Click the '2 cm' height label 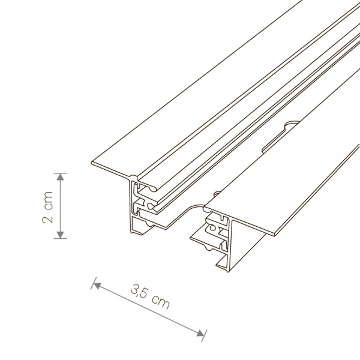coord(48,207)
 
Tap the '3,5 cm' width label coord(150,296)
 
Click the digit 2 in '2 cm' coord(48,219)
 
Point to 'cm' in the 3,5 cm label coord(161,302)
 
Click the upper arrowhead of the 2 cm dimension coord(60,177)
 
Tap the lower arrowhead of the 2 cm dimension coord(60,235)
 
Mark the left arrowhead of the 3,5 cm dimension coord(97,286)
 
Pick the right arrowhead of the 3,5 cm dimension coord(200,333)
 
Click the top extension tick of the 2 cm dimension coord(60,173)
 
